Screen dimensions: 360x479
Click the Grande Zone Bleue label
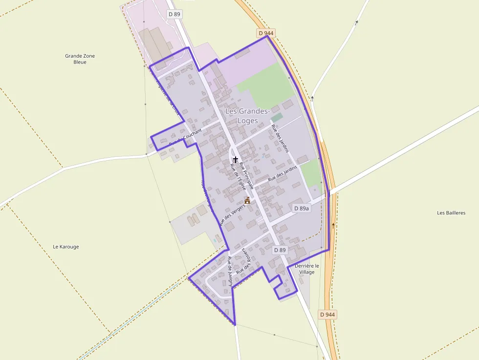tap(80, 59)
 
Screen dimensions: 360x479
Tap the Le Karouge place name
tap(65, 247)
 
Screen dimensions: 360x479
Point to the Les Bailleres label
tap(451, 212)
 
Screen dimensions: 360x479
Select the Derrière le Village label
tap(307, 269)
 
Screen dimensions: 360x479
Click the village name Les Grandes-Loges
tap(247, 116)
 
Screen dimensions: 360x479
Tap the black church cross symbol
tap(236, 159)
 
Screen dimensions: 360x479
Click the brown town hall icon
tap(247, 200)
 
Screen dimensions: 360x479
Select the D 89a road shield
tap(302, 208)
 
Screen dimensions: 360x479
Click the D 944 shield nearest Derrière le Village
tap(327, 314)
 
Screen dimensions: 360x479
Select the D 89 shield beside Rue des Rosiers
tap(280, 250)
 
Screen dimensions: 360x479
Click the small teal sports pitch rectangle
tap(277, 118)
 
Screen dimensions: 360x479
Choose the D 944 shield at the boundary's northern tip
tap(266, 33)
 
